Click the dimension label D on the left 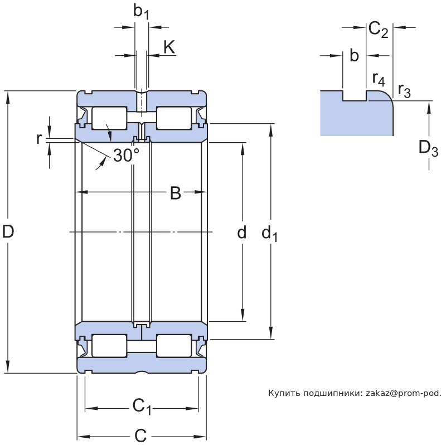pyautogui.click(x=8, y=231)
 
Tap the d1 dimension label pyautogui.click(x=269, y=234)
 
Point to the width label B pyautogui.click(x=175, y=193)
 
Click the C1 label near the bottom pyautogui.click(x=142, y=407)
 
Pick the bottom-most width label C pyautogui.click(x=140, y=435)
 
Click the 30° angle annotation pyautogui.click(x=126, y=156)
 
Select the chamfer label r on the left pyautogui.click(x=39, y=138)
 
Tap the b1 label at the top pyautogui.click(x=141, y=11)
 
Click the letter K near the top pyautogui.click(x=169, y=48)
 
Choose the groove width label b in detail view pyautogui.click(x=353, y=55)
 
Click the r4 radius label pyautogui.click(x=379, y=78)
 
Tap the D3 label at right pyautogui.click(x=428, y=149)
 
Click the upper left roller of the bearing pyautogui.click(x=109, y=118)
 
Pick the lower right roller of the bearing pyautogui.click(x=174, y=346)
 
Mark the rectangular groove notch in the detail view pyautogui.click(x=354, y=95)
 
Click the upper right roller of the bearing pyautogui.click(x=174, y=118)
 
